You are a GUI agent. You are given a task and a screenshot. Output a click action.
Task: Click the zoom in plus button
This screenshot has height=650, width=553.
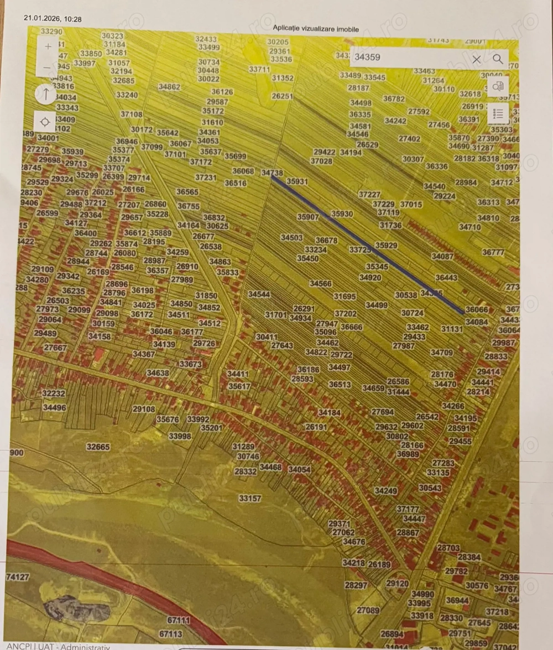tap(48, 46)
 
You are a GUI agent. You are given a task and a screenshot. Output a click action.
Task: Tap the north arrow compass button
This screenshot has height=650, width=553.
tap(45, 94)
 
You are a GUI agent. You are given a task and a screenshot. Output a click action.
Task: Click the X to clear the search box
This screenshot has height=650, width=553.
tap(476, 59)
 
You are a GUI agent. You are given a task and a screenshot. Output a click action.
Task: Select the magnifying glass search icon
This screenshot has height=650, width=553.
tap(498, 59)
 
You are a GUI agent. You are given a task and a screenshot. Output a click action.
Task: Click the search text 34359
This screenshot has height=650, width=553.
tap(368, 57)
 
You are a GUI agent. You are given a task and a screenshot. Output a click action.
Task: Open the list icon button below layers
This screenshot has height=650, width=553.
tap(498, 114)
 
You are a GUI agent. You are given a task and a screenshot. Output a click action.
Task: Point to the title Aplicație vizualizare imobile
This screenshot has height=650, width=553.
tap(316, 28)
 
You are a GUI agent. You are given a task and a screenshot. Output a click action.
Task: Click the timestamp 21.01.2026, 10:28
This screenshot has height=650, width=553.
tap(53, 19)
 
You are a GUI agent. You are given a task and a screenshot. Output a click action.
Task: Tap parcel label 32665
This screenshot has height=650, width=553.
tap(98, 447)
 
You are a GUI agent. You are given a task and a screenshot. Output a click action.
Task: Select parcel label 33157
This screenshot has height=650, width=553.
tap(250, 498)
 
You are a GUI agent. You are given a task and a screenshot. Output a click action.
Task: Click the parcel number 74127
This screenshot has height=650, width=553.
tap(18, 576)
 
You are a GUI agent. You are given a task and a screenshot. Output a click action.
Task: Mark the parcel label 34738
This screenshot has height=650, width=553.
tap(272, 173)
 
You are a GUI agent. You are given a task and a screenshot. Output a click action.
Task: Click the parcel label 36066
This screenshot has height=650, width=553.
tap(477, 310)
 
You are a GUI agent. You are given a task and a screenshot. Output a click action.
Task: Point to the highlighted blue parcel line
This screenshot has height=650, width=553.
tap(367, 244)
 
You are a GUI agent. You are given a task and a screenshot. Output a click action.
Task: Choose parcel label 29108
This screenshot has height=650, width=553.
tap(144, 409)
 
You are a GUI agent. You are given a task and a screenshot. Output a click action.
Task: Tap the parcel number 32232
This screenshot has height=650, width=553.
tap(54, 393)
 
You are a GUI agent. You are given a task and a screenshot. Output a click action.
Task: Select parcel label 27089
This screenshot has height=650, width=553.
tap(368, 610)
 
